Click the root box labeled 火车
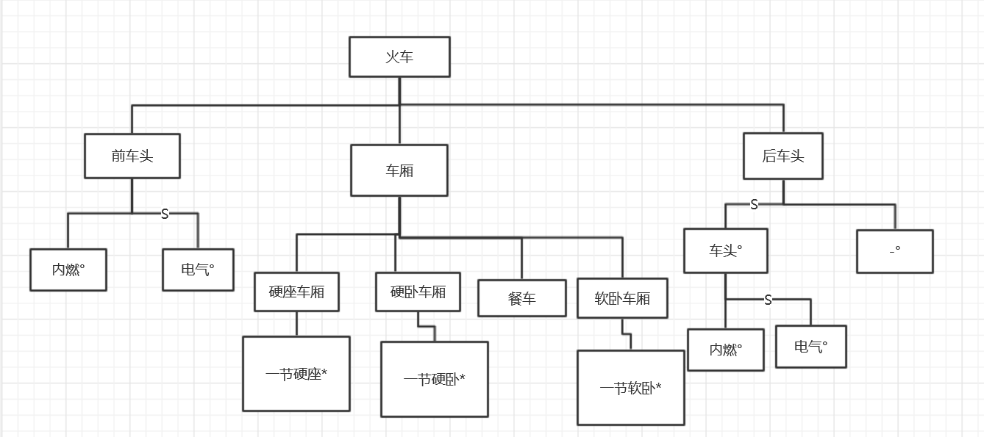(399, 57)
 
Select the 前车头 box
(132, 156)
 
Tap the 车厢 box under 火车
(399, 170)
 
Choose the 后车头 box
(783, 156)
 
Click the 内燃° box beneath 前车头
(68, 270)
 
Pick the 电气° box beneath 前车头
(198, 270)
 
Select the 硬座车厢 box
(296, 292)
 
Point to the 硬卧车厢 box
(418, 292)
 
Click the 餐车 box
(522, 298)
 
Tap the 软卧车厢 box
(622, 298)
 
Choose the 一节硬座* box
(296, 374)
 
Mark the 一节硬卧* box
(435, 379)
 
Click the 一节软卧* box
(630, 388)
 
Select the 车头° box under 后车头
(725, 250)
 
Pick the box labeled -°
(895, 251)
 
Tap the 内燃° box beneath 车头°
(726, 350)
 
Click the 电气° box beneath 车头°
(811, 347)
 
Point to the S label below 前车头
(165, 214)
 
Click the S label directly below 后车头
(754, 205)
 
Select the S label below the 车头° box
(768, 300)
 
